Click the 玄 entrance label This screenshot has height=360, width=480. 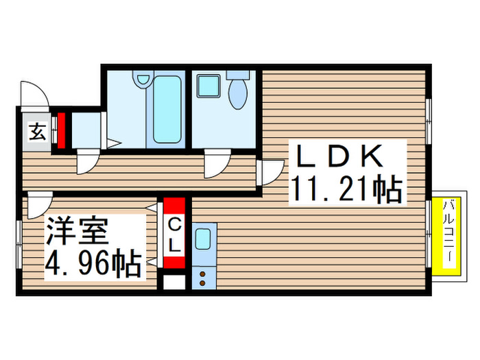[x=37, y=132]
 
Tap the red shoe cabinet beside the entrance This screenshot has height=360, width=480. [x=60, y=131]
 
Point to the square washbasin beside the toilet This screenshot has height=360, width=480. [x=206, y=87]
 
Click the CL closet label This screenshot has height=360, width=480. [x=174, y=234]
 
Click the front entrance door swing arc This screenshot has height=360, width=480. [x=34, y=94]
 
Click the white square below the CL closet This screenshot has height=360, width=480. [x=174, y=283]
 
